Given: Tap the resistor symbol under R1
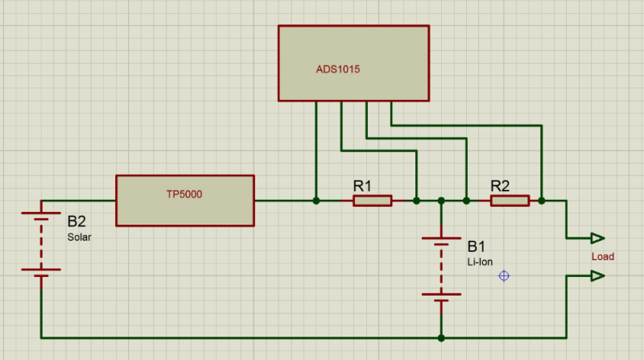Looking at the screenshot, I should pyautogui.click(x=373, y=201).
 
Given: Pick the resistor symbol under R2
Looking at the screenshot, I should pyautogui.click(x=510, y=201).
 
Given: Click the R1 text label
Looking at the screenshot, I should pyautogui.click(x=363, y=185).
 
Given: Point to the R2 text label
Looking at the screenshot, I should pyautogui.click(x=500, y=185).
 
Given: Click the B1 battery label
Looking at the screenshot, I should pyautogui.click(x=477, y=245).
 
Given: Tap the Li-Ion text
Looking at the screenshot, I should pyautogui.click(x=480, y=261).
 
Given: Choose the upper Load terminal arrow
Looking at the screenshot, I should pyautogui.click(x=597, y=238).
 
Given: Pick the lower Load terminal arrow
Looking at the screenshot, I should pyautogui.click(x=597, y=275).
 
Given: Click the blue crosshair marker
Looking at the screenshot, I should pyautogui.click(x=504, y=275).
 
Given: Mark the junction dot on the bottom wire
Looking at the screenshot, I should pyautogui.click(x=441, y=338).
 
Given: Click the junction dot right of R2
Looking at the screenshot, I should pyautogui.click(x=542, y=201).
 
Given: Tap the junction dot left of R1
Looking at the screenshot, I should pyautogui.click(x=316, y=201).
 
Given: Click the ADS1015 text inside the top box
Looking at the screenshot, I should pyautogui.click(x=337, y=69).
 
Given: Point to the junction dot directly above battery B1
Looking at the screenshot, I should pyautogui.click(x=441, y=201).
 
